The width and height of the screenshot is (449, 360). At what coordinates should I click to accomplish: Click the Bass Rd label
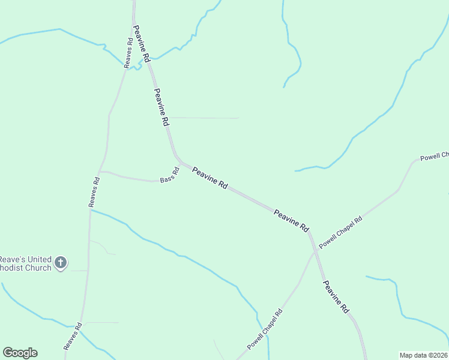[x=170, y=178]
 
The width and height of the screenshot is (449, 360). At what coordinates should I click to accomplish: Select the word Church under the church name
[x=37, y=267]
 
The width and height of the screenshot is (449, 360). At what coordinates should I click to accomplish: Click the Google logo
[x=20, y=353]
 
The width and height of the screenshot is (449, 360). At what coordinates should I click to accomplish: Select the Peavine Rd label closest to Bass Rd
[x=209, y=179]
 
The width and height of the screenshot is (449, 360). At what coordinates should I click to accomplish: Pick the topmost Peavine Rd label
[x=142, y=44]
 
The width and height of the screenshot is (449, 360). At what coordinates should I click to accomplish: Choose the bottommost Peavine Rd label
[x=336, y=296]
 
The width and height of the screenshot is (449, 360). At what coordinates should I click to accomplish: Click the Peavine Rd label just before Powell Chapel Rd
[x=291, y=221]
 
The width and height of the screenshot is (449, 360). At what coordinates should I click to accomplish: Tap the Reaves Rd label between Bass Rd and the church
[x=94, y=192]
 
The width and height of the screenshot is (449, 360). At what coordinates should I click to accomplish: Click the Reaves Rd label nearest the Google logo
[x=73, y=336]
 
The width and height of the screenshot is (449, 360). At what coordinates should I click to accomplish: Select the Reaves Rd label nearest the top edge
[x=128, y=53]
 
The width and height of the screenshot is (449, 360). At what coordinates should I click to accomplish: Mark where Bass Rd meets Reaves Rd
[x=101, y=172]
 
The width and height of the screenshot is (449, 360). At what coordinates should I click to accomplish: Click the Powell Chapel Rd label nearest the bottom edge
[x=265, y=330]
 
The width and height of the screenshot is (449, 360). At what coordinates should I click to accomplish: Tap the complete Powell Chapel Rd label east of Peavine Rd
[x=341, y=232]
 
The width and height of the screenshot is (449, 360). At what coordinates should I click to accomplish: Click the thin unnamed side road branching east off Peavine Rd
[x=204, y=118]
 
